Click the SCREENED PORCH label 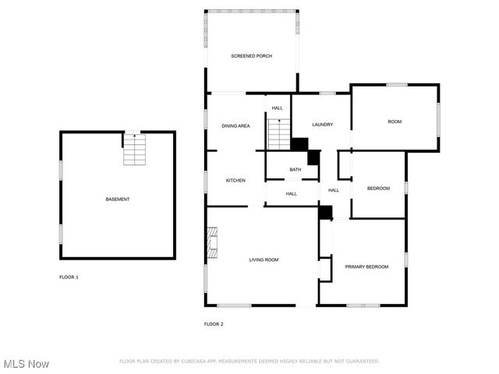251,56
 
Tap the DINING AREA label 235,125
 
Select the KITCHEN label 235,180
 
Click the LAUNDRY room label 323,125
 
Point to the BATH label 296,169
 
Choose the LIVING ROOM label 264,259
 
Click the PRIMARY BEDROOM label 366,266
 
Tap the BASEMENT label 118,199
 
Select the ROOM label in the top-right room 395,122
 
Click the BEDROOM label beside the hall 378,188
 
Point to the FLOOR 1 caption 69,277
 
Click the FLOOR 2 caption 214,324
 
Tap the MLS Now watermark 27,364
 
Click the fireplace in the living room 212,242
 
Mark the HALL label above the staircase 277,108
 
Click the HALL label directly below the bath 291,193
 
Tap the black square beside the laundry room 299,144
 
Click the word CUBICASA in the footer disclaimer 200,362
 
